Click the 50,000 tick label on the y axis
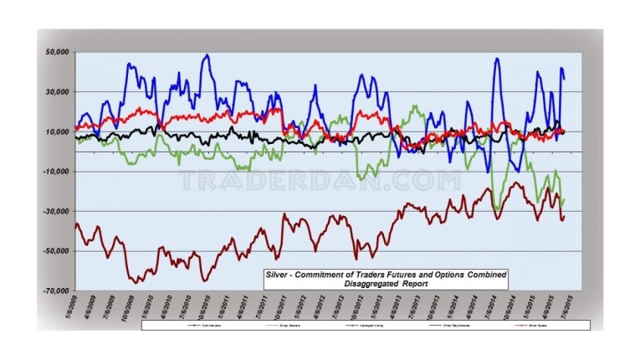click(x=57, y=52)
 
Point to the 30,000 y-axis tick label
click(x=57, y=92)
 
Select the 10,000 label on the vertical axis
click(x=57, y=131)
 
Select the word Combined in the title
click(x=482, y=275)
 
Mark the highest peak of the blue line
click(x=207, y=55)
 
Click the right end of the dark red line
click(x=565, y=216)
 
